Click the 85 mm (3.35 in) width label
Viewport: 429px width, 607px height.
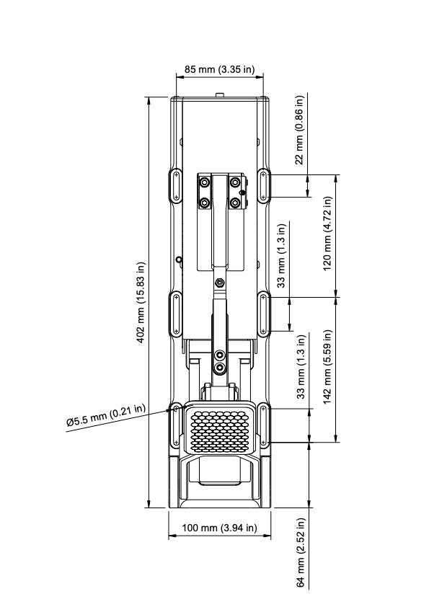click(219, 70)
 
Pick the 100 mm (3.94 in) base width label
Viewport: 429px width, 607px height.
click(219, 528)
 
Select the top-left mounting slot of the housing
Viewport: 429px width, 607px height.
click(175, 186)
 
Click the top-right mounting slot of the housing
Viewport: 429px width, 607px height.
click(265, 186)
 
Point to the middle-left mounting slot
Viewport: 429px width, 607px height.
click(175, 313)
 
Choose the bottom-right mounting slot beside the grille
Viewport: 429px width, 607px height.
click(265, 425)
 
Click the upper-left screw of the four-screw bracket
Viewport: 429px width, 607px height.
click(205, 181)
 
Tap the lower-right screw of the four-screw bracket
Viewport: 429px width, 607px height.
click(234, 203)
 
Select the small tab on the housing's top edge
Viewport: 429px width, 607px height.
click(220, 94)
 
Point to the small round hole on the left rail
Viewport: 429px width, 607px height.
click(179, 260)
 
